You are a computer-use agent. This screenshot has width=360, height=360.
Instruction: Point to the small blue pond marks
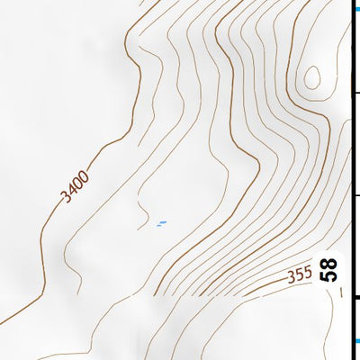(x=162, y=223)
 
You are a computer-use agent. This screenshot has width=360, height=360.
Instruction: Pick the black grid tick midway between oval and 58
(x=355, y=196)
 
